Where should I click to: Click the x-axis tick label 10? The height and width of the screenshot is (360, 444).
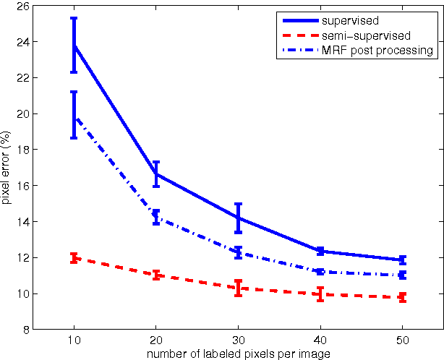(74, 340)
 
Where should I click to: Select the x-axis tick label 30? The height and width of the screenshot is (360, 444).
(238, 340)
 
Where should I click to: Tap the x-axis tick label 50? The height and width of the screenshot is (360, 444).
(402, 340)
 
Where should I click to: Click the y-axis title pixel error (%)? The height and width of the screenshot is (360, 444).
(7, 167)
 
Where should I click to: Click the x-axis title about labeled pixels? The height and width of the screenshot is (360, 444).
(238, 353)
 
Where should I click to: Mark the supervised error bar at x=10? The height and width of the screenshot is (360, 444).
(74, 45)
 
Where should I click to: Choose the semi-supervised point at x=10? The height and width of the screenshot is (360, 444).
(74, 257)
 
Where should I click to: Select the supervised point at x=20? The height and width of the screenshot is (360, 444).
(156, 174)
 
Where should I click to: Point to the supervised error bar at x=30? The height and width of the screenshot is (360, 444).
(238, 218)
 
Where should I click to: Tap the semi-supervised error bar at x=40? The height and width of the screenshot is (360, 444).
(320, 294)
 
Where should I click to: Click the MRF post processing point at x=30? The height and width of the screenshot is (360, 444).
(238, 252)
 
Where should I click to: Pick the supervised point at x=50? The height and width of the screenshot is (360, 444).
(402, 260)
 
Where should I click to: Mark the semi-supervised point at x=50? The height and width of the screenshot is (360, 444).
(402, 297)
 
